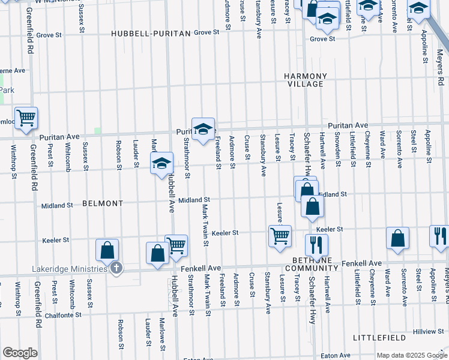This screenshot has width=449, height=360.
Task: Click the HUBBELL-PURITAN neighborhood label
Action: [x=151, y=34]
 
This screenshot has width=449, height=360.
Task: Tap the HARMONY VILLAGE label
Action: [x=306, y=80]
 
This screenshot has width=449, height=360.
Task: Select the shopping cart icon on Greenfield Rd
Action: [x=26, y=117]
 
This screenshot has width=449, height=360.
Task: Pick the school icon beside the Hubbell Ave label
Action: [x=161, y=163]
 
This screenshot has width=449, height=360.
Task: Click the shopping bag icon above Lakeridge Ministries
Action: [x=107, y=249]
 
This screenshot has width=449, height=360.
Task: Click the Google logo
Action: [x=20, y=353]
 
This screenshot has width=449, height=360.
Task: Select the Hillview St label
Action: [x=428, y=332]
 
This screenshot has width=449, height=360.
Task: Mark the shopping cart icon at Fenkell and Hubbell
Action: [x=176, y=245]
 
